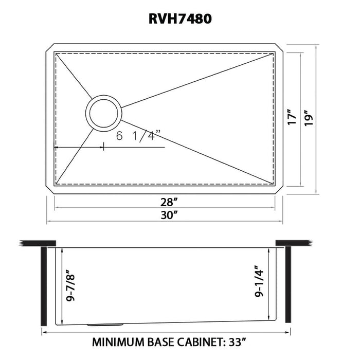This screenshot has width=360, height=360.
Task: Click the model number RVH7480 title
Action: (x=179, y=19)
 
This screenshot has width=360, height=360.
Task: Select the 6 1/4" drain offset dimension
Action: (x=138, y=137)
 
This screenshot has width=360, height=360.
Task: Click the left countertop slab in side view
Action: (x=37, y=242)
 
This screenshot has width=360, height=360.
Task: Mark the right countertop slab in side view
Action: (x=293, y=242)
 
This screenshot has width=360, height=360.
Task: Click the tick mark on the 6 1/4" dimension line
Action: (x=104, y=147)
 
